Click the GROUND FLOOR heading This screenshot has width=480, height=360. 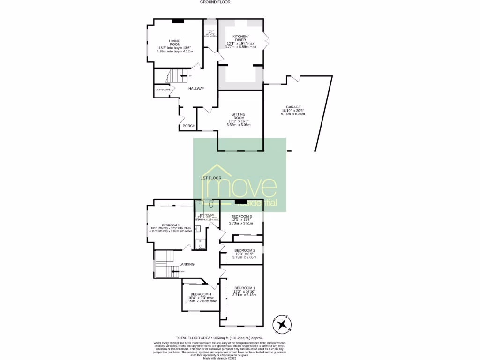(215, 2)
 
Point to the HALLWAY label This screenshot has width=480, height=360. (196, 88)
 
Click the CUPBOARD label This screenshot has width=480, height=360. (163, 89)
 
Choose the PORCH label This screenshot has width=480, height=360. (188, 126)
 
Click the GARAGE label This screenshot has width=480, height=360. (293, 107)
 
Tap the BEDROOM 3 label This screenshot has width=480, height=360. (241, 216)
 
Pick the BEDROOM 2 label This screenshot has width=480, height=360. (244, 250)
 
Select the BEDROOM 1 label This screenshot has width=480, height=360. (244, 287)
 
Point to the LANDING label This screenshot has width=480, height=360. (187, 264)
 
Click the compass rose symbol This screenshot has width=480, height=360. (283, 324)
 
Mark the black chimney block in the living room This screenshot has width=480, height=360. (178, 21)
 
